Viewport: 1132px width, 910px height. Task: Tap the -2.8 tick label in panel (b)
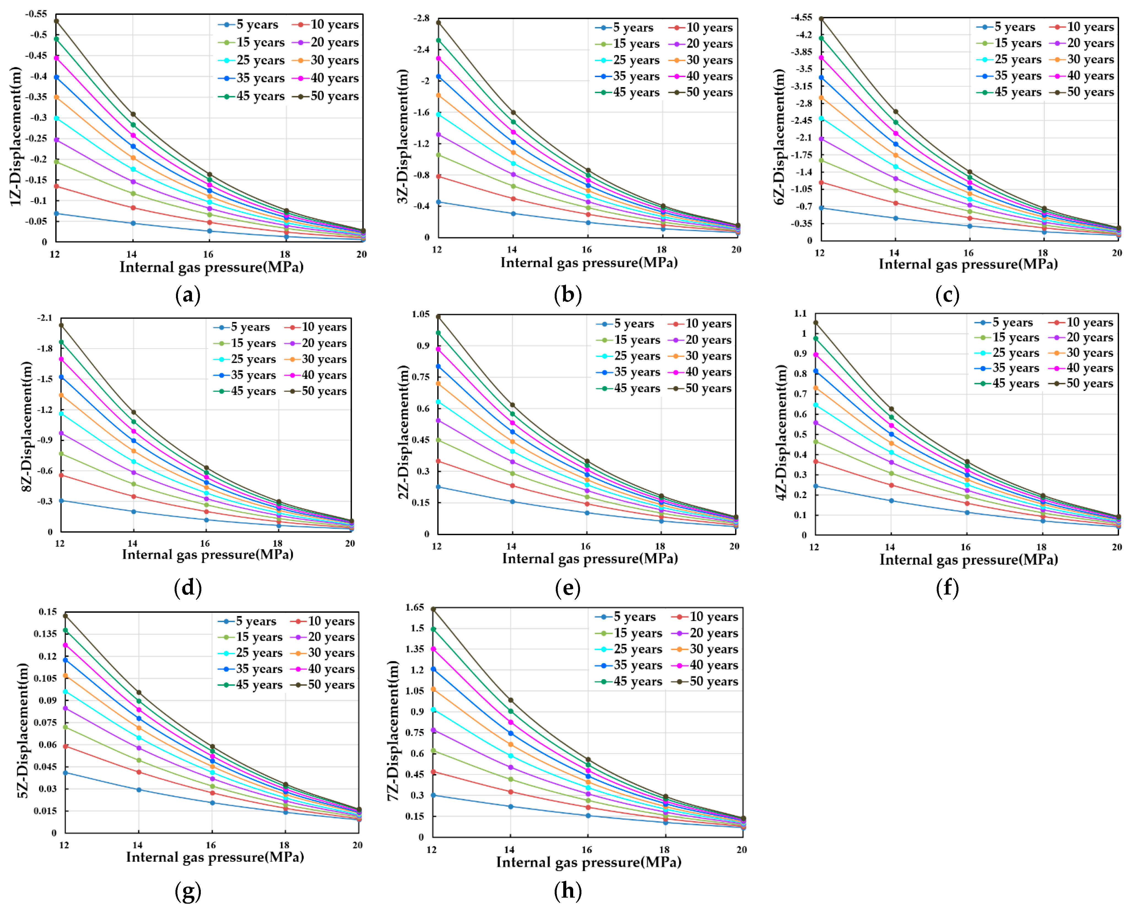click(x=421, y=18)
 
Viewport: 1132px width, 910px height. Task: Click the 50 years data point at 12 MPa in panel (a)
click(x=56, y=21)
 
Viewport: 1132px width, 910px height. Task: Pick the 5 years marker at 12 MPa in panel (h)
click(x=433, y=795)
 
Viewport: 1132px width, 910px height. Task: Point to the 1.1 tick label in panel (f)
click(x=800, y=314)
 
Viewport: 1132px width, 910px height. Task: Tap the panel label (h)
click(x=568, y=891)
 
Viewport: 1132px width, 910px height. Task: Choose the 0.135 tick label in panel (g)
click(x=45, y=634)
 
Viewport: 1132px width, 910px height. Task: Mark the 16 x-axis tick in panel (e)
click(x=586, y=546)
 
